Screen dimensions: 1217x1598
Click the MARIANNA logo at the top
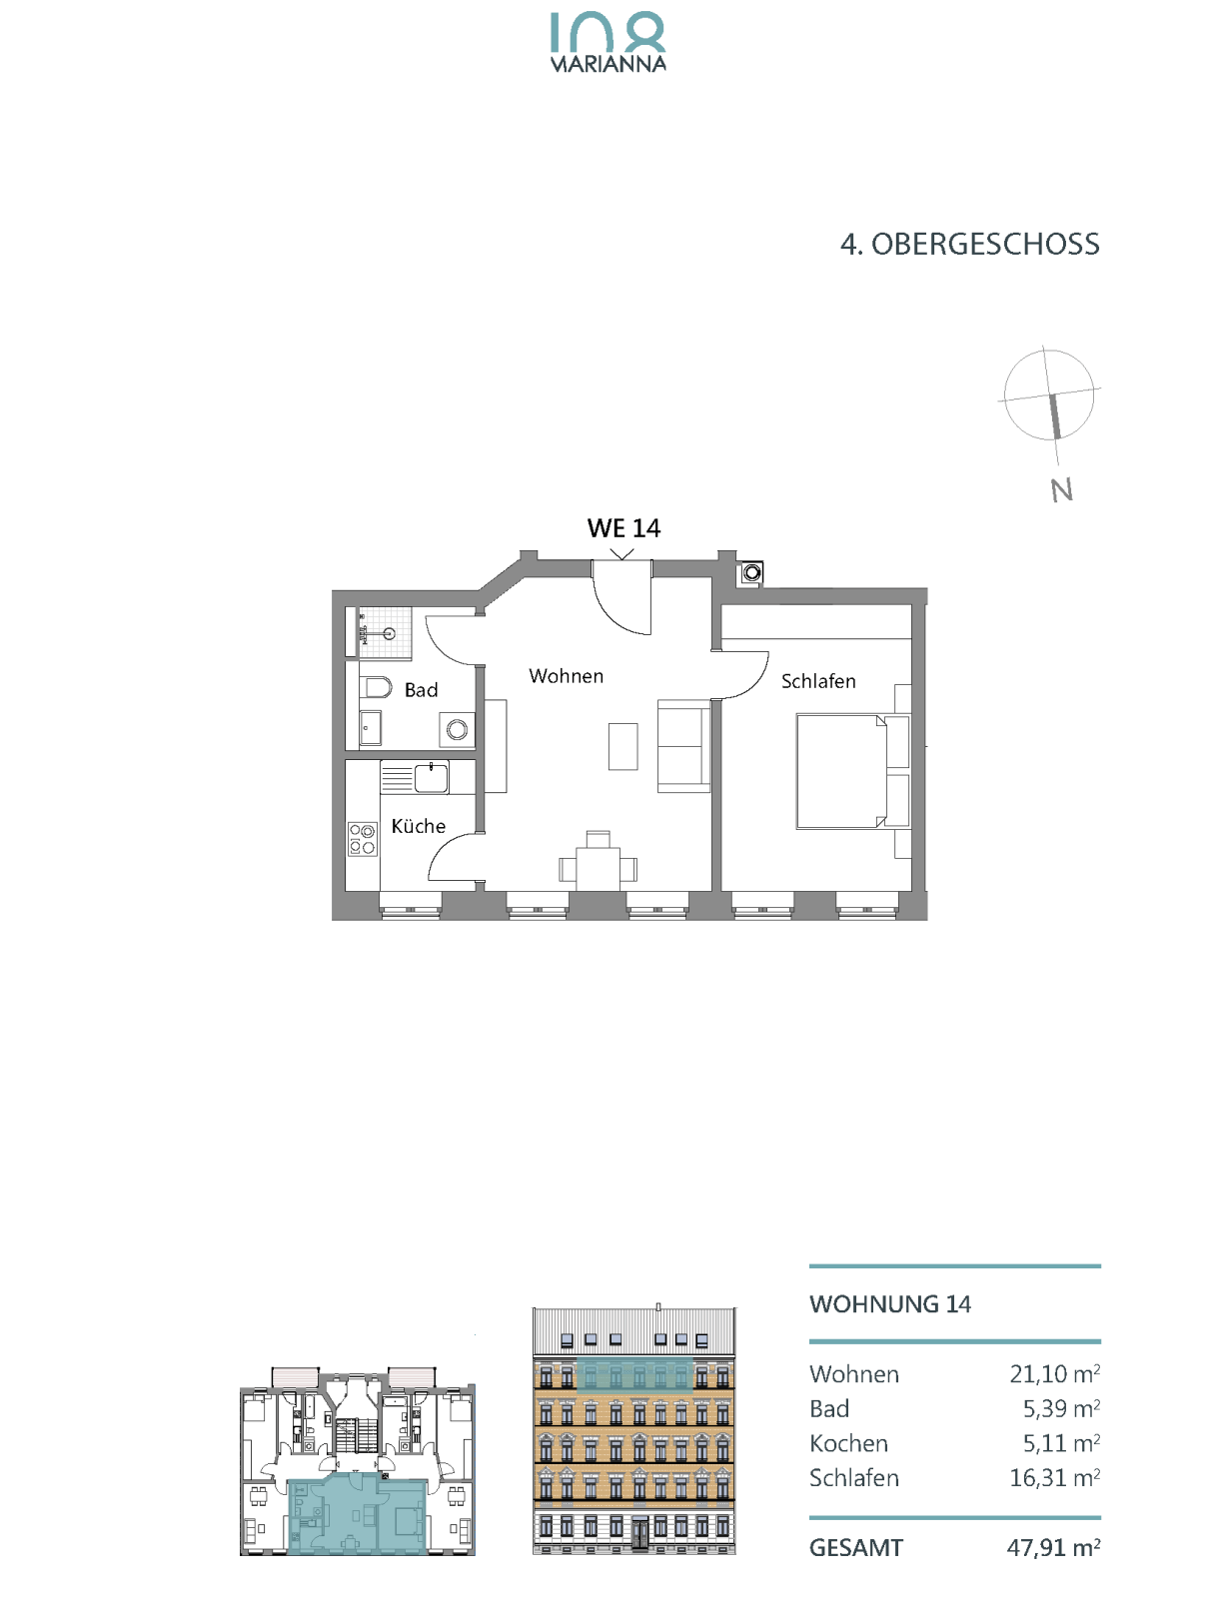[608, 42]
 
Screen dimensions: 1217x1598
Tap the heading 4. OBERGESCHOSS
[969, 245]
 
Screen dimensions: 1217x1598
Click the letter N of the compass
[1062, 490]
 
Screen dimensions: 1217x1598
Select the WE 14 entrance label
[623, 527]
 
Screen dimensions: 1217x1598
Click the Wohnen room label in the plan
[566, 676]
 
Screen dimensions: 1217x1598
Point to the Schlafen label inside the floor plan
[818, 681]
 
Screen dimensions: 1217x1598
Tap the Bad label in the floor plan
[421, 690]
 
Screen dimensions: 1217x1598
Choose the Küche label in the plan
[418, 826]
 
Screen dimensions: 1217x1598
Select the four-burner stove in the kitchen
[362, 838]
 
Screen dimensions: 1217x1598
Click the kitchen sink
[432, 777]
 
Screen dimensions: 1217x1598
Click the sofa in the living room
[683, 746]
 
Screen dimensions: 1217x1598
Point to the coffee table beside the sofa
[622, 746]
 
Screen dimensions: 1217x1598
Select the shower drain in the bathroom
[389, 633]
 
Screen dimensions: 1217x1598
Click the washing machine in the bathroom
[457, 729]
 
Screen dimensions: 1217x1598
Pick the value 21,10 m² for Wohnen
[1054, 1373]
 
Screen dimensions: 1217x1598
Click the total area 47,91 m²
[1053, 1547]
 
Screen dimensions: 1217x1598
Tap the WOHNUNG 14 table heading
[890, 1304]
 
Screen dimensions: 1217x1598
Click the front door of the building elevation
[639, 1534]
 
